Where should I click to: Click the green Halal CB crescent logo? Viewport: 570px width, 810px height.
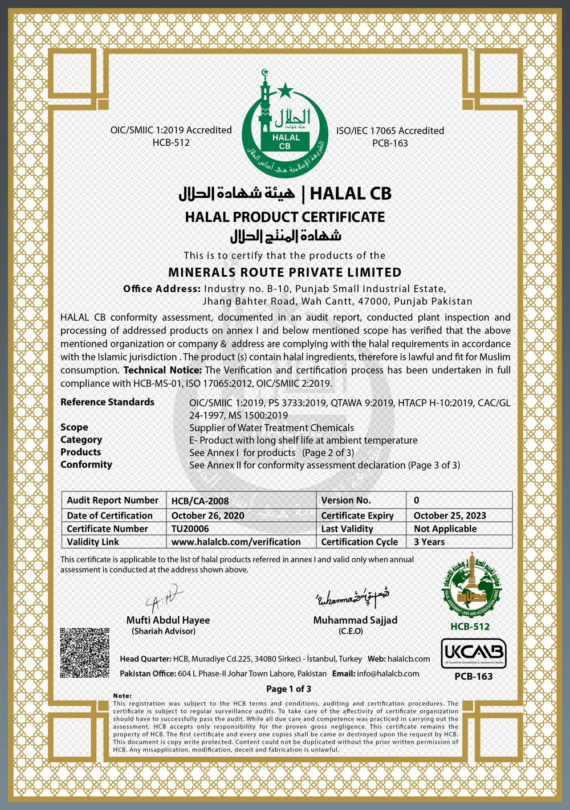pyautogui.click(x=284, y=124)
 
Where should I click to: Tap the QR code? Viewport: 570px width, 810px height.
pyautogui.click(x=84, y=652)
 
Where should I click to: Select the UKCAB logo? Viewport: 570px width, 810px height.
pyautogui.click(x=473, y=653)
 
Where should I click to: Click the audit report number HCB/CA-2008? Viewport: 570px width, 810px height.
pyautogui.click(x=200, y=501)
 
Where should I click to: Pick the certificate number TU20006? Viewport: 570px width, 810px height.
pyautogui.click(x=190, y=529)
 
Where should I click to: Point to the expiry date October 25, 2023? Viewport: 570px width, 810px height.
pyautogui.click(x=450, y=516)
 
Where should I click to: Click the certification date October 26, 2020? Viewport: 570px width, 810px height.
pyautogui.click(x=207, y=516)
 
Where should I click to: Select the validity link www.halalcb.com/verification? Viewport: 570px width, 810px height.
pyautogui.click(x=236, y=542)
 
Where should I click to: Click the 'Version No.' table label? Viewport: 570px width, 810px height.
pyautogui.click(x=346, y=500)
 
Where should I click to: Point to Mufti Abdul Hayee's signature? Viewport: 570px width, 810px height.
pyautogui.click(x=164, y=599)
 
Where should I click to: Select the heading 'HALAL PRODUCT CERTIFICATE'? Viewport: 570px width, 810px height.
pyautogui.click(x=285, y=217)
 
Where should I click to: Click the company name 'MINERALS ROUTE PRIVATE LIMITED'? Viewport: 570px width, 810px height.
pyautogui.click(x=285, y=272)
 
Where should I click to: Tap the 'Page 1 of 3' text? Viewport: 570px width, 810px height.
pyautogui.click(x=289, y=689)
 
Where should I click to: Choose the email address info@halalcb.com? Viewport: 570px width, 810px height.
pyautogui.click(x=388, y=673)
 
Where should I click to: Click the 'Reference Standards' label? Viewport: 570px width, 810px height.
pyautogui.click(x=107, y=402)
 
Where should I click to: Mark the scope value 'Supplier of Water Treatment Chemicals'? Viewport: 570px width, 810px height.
pyautogui.click(x=271, y=428)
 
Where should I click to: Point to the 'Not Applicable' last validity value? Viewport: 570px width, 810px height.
pyautogui.click(x=445, y=529)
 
